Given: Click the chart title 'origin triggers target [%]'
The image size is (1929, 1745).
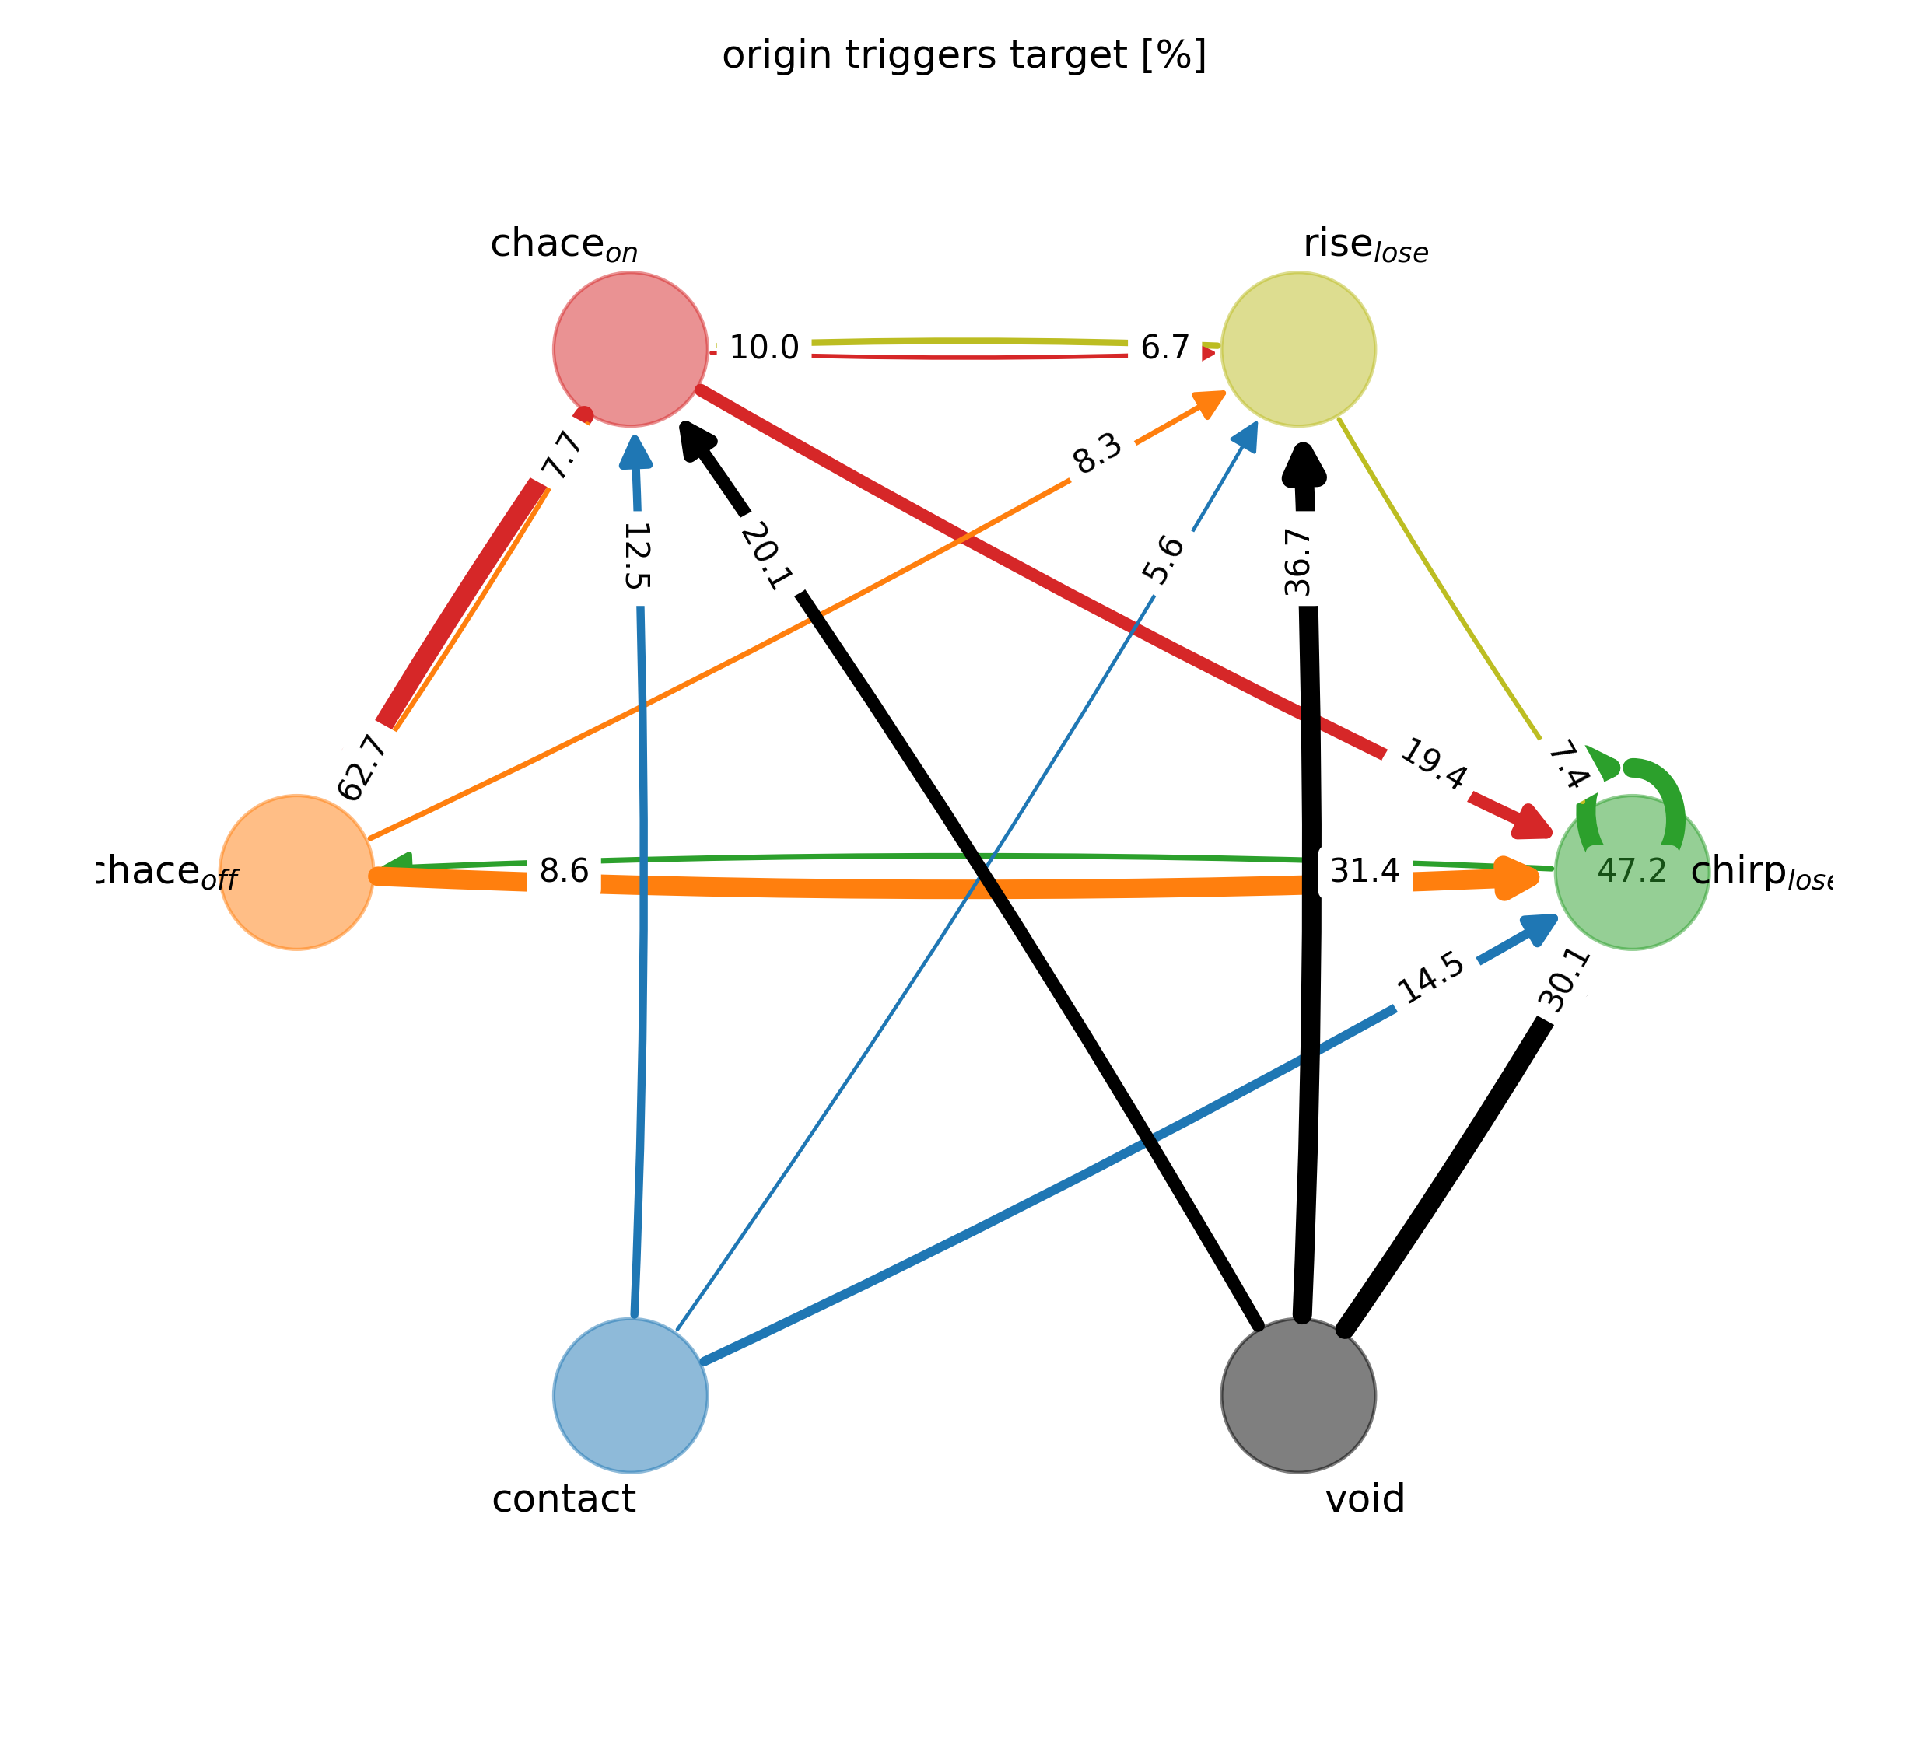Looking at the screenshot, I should point(964,57).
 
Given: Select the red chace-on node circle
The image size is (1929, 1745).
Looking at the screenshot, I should point(631,349).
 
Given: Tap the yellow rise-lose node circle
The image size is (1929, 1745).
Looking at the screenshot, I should point(1298,349).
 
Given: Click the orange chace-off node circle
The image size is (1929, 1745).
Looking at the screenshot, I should point(296,872).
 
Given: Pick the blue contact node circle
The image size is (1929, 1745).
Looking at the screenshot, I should point(631,1396).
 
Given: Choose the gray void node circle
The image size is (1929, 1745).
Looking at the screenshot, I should point(1298,1396).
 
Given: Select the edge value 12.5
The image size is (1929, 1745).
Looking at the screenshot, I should point(637,556).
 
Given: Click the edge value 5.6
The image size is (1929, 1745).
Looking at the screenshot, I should point(1163,561).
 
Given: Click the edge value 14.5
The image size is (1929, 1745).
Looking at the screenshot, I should point(1431,980).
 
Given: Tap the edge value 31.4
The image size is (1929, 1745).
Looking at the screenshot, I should point(1365,872).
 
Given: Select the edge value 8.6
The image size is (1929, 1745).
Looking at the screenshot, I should point(565,872).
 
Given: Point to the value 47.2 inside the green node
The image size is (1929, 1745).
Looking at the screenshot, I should point(1631,872).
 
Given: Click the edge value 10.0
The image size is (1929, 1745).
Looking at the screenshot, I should point(764,348).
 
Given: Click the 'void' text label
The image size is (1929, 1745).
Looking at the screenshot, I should point(1365,1499).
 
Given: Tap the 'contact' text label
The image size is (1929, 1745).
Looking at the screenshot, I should point(564,1499).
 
